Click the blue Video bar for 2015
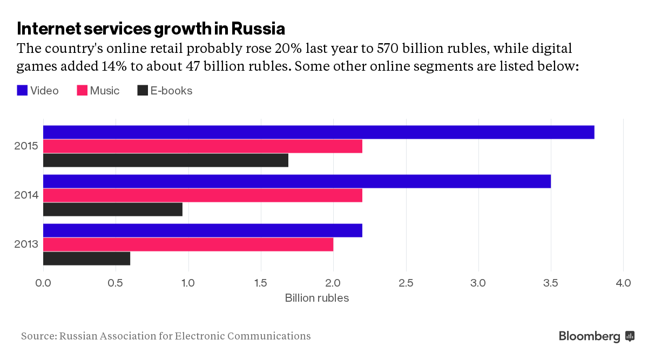(319, 132)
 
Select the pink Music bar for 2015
(202, 146)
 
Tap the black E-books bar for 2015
(165, 160)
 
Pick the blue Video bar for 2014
(297, 181)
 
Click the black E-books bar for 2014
(112, 209)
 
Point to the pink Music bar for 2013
(188, 244)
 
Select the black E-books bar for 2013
(86, 259)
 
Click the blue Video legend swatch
(22, 91)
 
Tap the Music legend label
(105, 91)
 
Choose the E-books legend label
(171, 91)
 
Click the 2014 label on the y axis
(26, 195)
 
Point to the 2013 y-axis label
(26, 244)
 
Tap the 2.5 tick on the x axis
(406, 282)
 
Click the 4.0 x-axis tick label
(623, 282)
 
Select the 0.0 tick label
(43, 282)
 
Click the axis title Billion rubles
(317, 298)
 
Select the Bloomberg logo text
(590, 336)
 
